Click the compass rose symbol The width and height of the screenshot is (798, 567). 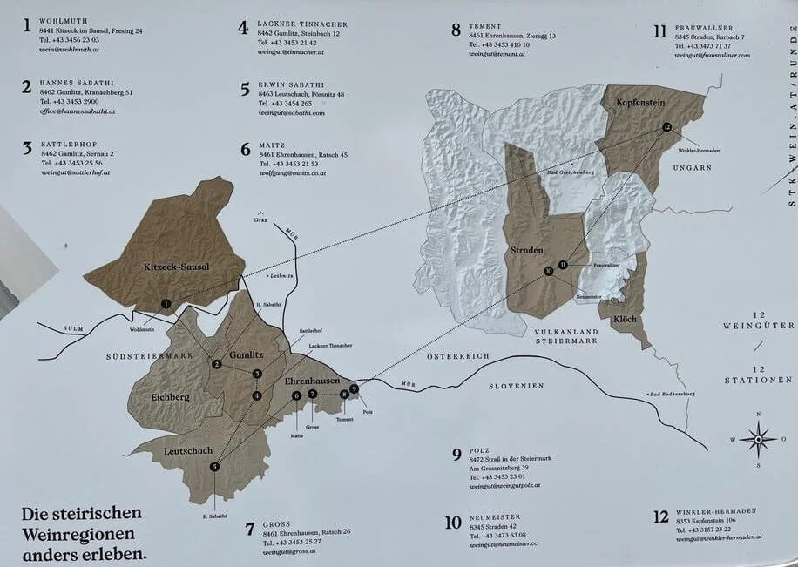point(759,439)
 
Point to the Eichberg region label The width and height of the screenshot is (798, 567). point(170,397)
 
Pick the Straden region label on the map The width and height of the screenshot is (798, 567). point(526,250)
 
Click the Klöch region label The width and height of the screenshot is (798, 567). point(625,319)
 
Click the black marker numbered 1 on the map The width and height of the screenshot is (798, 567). point(166,303)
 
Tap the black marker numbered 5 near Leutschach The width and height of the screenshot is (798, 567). point(214,467)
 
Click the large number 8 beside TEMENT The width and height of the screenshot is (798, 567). point(456,30)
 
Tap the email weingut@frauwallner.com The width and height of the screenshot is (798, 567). point(712,55)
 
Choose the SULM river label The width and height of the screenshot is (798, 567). point(74,328)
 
